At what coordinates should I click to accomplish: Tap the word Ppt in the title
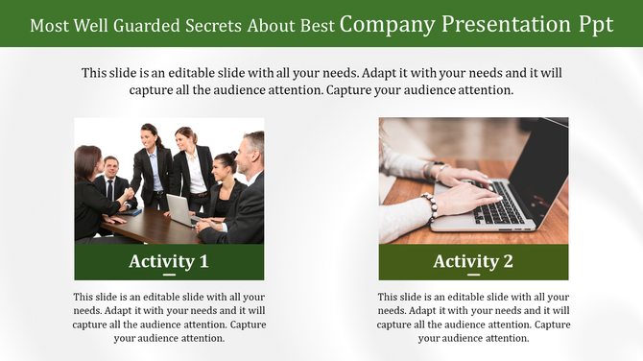pos(591,25)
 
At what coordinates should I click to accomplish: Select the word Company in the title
pos(386,25)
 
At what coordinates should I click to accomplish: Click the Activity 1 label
pos(169,260)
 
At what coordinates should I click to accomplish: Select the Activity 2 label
pos(473,260)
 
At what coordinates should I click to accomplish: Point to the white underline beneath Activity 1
pos(169,276)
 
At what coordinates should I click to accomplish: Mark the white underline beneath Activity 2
pos(473,276)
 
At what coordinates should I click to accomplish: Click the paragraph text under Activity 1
pos(169,317)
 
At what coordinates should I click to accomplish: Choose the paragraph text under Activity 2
pos(473,317)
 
